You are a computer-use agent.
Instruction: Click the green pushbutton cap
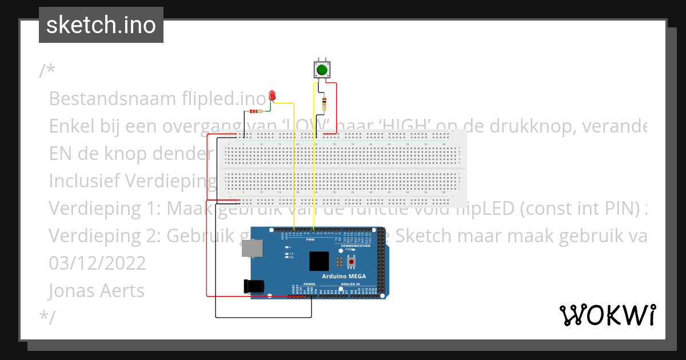(x=321, y=70)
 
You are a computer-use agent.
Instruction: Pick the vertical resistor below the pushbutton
(x=325, y=104)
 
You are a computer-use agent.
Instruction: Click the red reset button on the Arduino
(x=351, y=262)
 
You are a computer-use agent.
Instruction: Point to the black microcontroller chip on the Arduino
(x=319, y=261)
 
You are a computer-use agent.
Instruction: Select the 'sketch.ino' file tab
(x=101, y=25)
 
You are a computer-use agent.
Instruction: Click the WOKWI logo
(x=607, y=315)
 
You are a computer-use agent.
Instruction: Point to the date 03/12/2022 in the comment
(x=97, y=263)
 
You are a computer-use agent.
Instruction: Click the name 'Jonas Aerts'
(x=97, y=290)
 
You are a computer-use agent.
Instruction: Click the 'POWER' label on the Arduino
(x=309, y=284)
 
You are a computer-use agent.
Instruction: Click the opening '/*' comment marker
(x=47, y=71)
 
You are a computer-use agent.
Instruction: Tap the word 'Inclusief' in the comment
(x=85, y=181)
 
